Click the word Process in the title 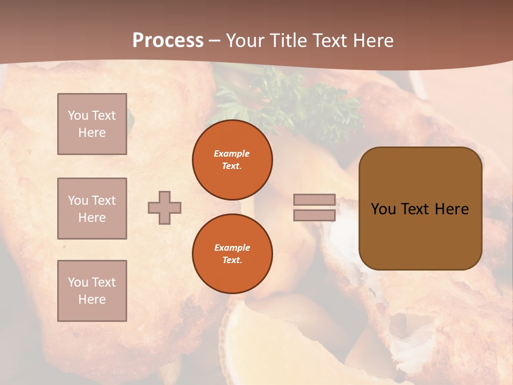coord(168,41)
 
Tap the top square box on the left coord(92,124)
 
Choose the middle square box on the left coord(92,209)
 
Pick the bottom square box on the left coord(92,291)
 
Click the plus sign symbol coord(165,207)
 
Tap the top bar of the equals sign coord(314,199)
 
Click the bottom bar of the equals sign coord(314,215)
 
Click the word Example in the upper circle coord(232,153)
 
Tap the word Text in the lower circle coord(232,260)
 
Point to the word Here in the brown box coord(452,209)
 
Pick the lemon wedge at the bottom coord(251,342)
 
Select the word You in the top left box coord(78,115)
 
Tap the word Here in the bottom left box coord(92,299)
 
